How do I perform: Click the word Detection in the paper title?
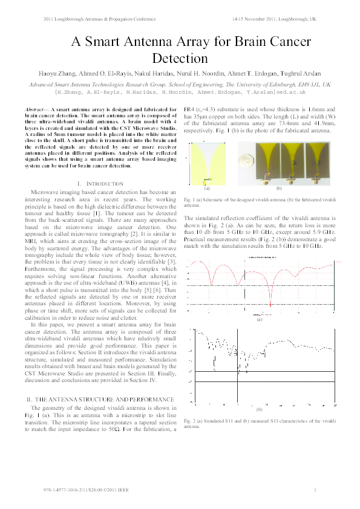pos(180,59)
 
